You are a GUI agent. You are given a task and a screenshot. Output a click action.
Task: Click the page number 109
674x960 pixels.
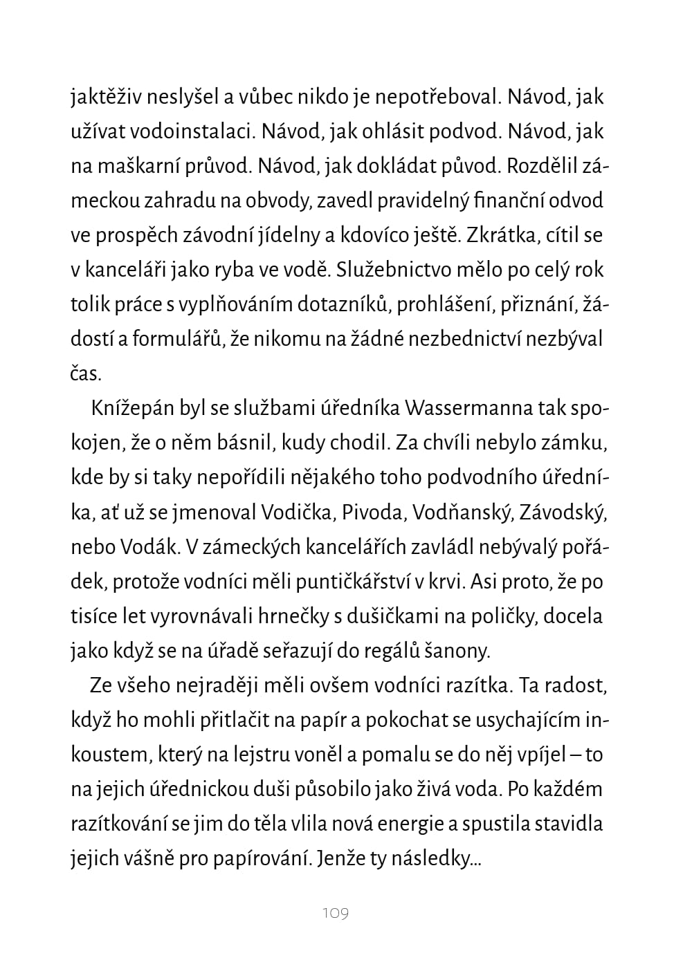[x=336, y=914]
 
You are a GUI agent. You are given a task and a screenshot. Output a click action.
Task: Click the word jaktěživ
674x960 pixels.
[x=106, y=97]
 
